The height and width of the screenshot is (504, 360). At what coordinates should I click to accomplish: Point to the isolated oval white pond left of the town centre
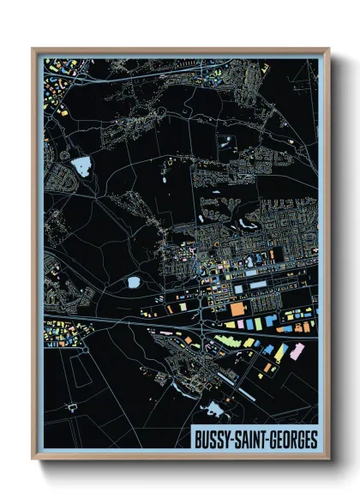tap(134, 280)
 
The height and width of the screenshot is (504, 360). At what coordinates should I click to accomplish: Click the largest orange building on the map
tap(237, 306)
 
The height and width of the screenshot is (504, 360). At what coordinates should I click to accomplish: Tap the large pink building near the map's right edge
tap(298, 351)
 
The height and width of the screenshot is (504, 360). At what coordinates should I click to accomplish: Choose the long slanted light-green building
tap(225, 341)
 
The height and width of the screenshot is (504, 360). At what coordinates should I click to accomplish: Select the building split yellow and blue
tap(273, 351)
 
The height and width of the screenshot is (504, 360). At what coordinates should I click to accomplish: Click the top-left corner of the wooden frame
tap(33, 50)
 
